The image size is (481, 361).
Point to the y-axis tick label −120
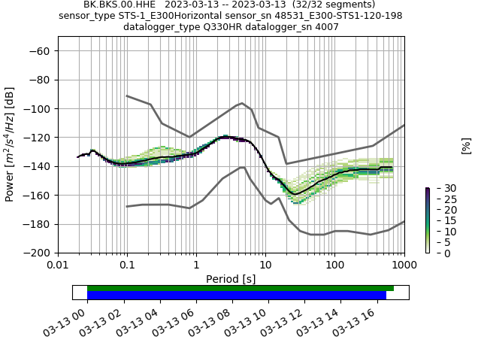38,138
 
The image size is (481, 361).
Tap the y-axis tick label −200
38,253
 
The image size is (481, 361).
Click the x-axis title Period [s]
231,279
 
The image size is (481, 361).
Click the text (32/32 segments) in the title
334,5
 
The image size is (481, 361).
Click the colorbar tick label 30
441,188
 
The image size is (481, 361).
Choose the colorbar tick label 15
441,220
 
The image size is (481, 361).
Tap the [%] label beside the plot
466,146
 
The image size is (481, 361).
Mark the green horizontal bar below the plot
240,288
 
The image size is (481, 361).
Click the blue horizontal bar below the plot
236,296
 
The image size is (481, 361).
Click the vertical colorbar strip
427,220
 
